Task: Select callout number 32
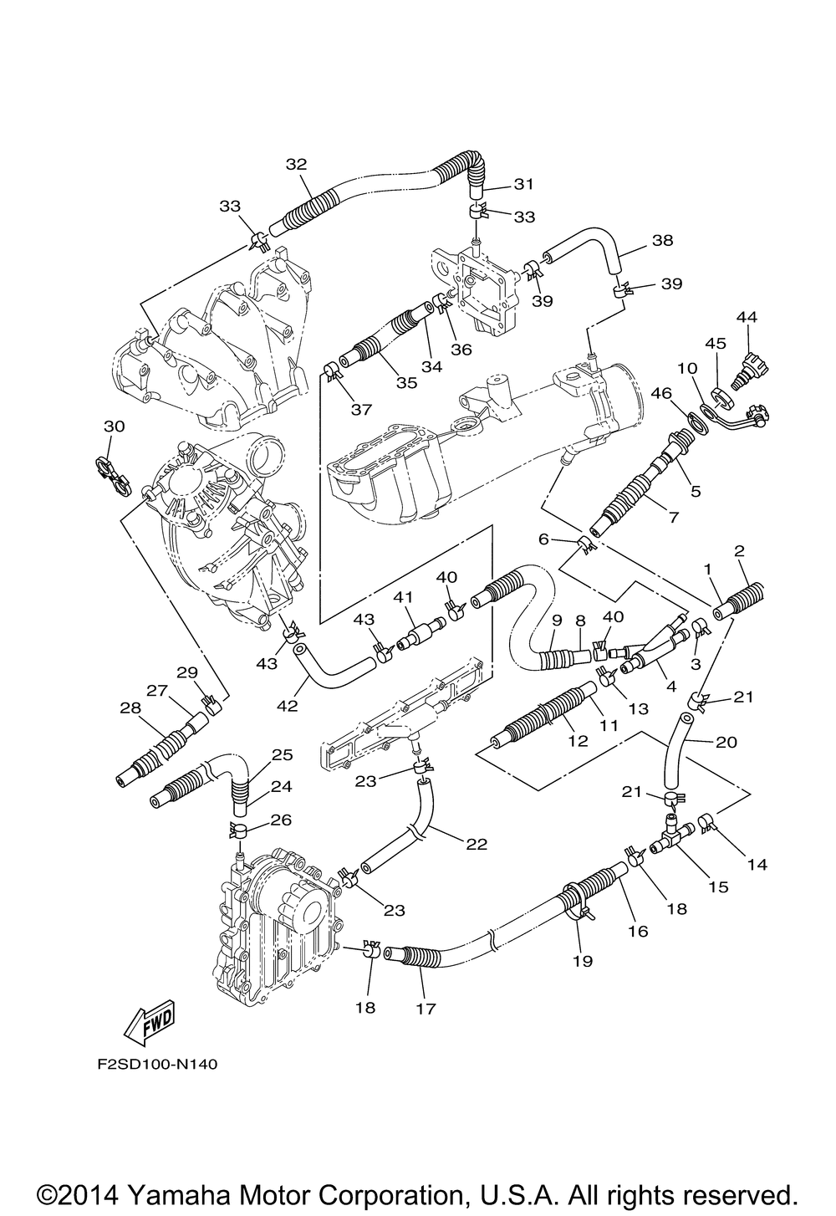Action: tap(296, 165)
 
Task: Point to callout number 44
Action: tap(747, 316)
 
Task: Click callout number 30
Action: tap(114, 427)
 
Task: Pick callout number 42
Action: tap(288, 706)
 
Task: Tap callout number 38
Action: tap(662, 241)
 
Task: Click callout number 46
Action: tap(660, 392)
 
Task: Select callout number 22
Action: tap(477, 844)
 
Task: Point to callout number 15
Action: tap(719, 887)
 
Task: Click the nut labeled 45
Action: tap(721, 399)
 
